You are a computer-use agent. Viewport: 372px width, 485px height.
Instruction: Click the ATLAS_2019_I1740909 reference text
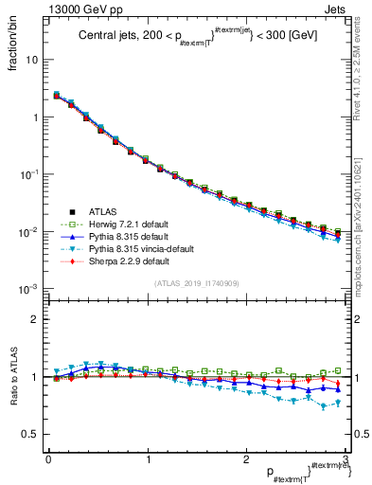195,283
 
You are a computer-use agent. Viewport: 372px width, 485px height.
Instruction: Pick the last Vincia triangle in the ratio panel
338,403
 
